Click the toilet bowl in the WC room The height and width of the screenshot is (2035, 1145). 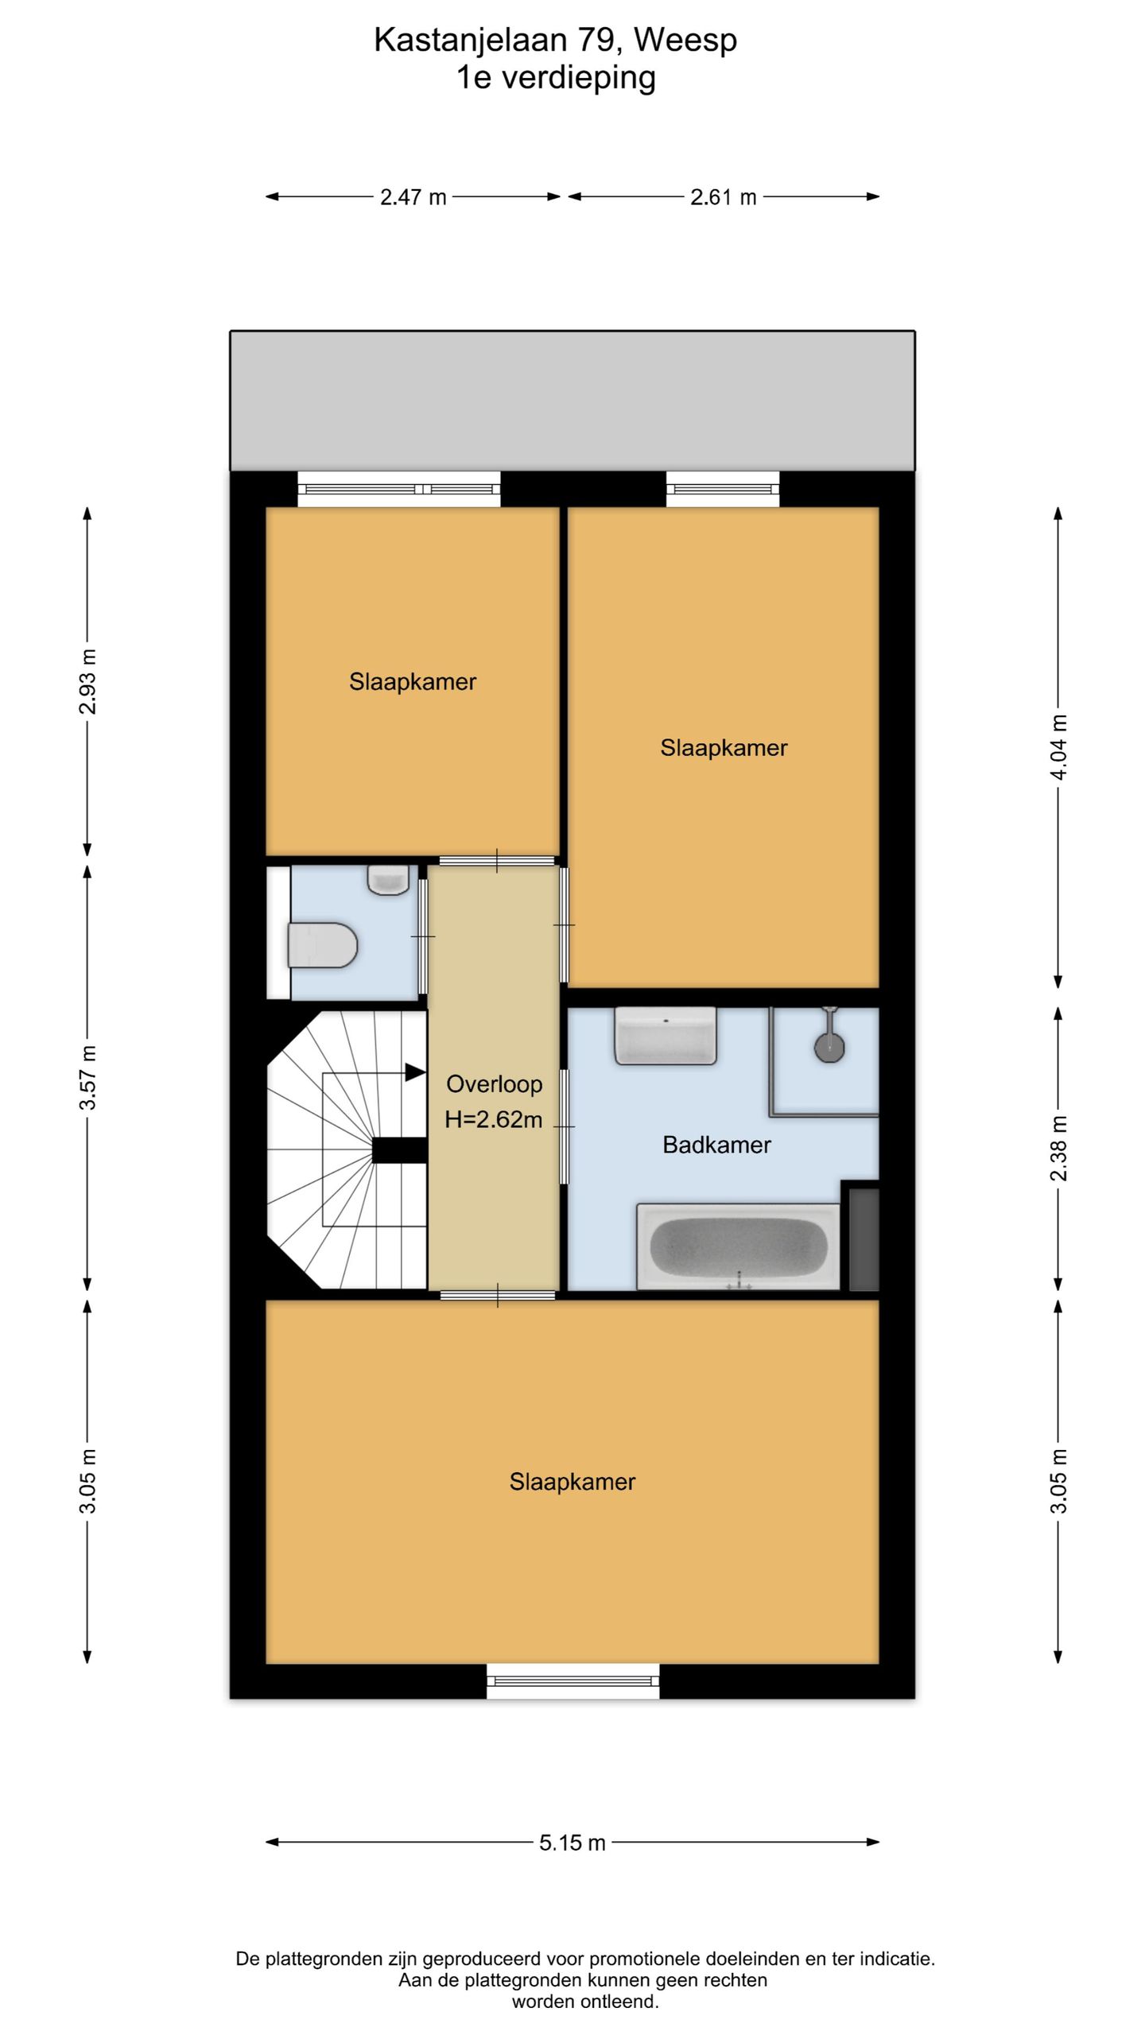coord(322,944)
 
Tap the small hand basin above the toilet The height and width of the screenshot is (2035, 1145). coord(388,880)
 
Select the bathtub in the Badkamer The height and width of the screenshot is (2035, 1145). coord(739,1246)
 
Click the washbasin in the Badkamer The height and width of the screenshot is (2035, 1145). coord(666,1035)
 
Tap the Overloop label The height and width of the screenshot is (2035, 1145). coord(494,1083)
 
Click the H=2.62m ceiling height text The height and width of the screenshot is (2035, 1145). coord(493,1119)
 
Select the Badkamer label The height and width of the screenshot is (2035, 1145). coord(716,1145)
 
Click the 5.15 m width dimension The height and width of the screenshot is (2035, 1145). coord(572,1842)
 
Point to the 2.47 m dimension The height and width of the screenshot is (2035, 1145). coord(413,196)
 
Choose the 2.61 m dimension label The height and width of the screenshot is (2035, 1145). coord(723,196)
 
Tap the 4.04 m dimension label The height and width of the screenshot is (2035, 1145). coord(1058,747)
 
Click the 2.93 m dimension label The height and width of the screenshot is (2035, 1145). coord(87,681)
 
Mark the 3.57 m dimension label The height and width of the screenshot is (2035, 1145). coord(87,1077)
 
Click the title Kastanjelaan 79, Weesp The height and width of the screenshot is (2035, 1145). coord(556,40)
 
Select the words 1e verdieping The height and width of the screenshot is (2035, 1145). coord(556,78)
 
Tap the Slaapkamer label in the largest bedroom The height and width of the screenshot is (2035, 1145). coord(572,1482)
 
